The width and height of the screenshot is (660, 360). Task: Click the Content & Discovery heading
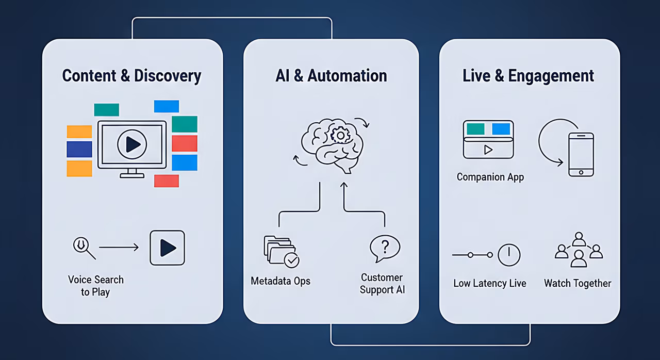click(x=131, y=76)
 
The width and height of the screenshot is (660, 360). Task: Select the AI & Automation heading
click(x=331, y=76)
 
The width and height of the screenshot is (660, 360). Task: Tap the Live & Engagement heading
click(x=529, y=76)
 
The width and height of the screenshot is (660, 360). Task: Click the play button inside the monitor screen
click(x=132, y=144)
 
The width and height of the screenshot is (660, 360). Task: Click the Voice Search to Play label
click(x=96, y=286)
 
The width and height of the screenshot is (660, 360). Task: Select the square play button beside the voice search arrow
click(x=167, y=248)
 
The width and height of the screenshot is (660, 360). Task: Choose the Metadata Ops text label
click(x=280, y=281)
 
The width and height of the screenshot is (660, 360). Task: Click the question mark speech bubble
click(x=384, y=249)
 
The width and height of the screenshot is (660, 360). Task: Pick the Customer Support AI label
click(x=382, y=284)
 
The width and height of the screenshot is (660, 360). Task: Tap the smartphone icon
click(x=581, y=154)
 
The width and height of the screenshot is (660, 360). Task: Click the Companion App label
click(x=490, y=177)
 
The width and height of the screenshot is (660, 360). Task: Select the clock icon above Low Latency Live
click(x=508, y=255)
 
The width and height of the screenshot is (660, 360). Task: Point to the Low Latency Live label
click(x=490, y=283)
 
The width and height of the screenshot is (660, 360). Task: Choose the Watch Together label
click(x=577, y=283)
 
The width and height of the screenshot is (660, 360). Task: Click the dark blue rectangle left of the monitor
click(x=79, y=149)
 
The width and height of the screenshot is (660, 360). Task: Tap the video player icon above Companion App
click(x=488, y=139)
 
